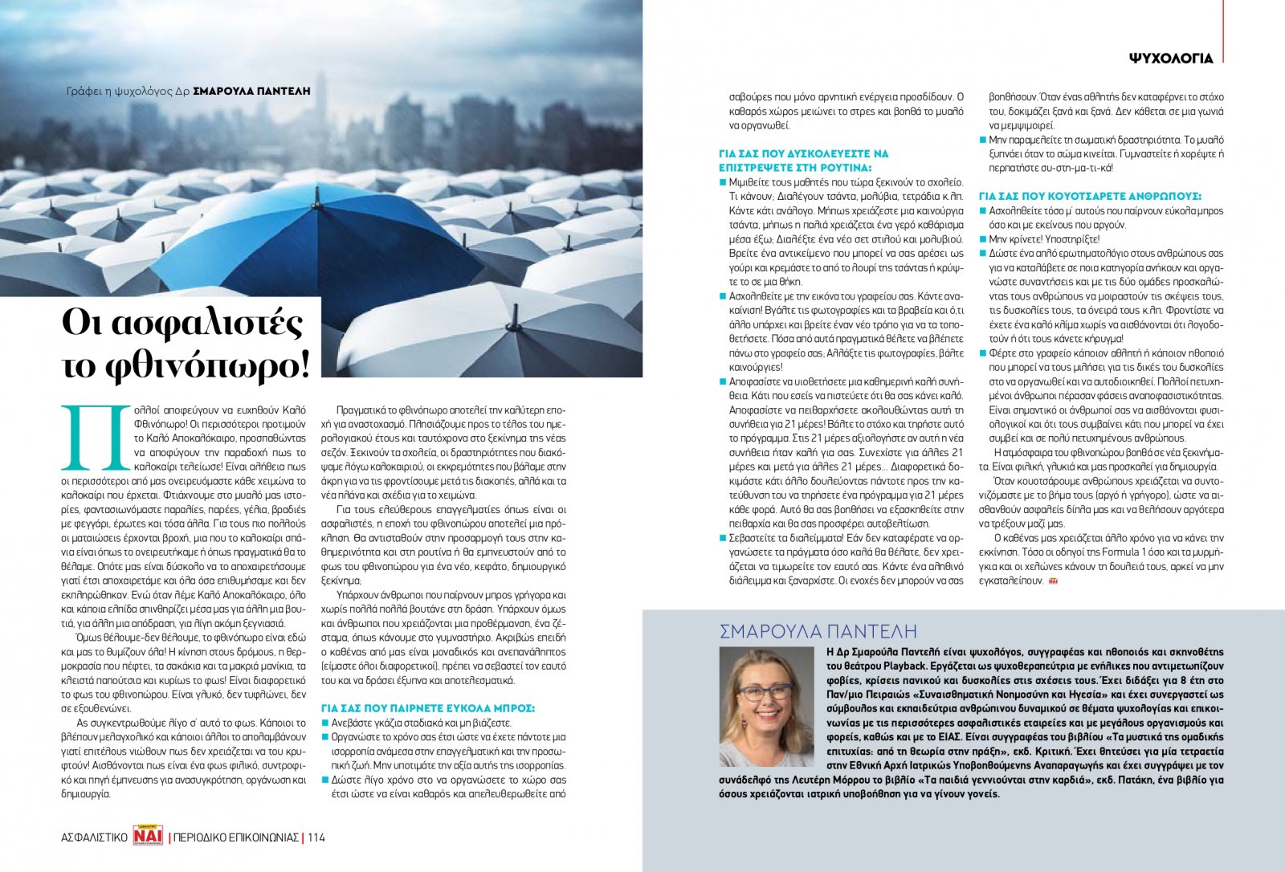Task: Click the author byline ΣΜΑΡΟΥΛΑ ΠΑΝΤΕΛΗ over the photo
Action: point(251,92)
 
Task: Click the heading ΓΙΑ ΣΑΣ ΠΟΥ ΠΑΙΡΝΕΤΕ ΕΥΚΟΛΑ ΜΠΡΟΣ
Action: point(427,708)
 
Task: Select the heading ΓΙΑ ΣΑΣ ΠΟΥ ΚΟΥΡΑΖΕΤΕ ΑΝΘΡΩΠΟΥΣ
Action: point(1089,196)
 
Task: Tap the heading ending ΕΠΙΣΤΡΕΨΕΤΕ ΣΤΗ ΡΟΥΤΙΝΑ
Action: point(794,168)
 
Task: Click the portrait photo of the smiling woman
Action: point(766,707)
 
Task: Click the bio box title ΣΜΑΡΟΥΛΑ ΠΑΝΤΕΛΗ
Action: point(818,630)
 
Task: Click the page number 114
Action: point(316,837)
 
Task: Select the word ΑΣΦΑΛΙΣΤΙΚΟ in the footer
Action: point(94,837)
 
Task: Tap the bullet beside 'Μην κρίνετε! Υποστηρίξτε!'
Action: point(982,239)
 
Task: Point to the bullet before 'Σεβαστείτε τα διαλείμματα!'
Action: point(723,538)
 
